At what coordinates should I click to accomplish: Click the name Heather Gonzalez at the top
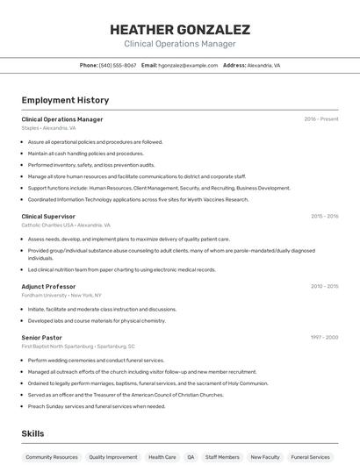[180, 29]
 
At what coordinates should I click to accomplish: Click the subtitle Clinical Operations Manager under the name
[180, 44]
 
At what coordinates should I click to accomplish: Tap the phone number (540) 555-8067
[118, 66]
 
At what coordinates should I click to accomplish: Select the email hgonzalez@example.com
[188, 66]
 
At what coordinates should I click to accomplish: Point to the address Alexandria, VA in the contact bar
[263, 66]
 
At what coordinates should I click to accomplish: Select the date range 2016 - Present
[320, 119]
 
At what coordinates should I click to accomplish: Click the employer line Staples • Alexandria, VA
[54, 128]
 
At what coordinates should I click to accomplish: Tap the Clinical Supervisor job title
[48, 216]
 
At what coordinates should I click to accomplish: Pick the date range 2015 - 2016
[324, 216]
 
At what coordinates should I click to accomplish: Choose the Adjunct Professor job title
[48, 286]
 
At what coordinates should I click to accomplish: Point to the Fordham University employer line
[61, 296]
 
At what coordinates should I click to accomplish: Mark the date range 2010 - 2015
[324, 286]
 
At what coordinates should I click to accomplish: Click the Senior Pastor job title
[41, 337]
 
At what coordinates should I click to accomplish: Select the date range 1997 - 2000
[324, 337]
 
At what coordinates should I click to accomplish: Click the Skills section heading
[32, 433]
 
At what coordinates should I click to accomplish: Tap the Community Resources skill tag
[52, 457]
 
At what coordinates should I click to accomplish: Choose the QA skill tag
[191, 457]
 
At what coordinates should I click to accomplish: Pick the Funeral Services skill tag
[310, 457]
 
